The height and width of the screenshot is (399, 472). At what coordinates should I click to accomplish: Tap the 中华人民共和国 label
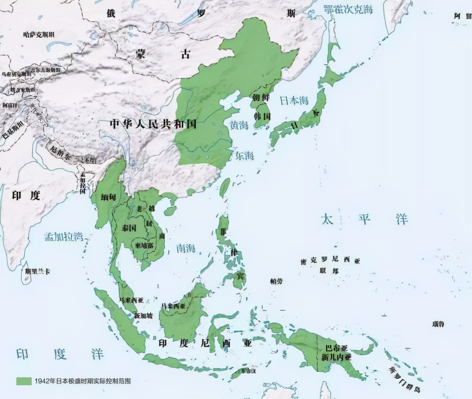pos(153,124)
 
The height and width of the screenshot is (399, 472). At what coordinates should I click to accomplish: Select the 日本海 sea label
pos(294,100)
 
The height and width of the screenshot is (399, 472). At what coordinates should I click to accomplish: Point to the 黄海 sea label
pos(239,125)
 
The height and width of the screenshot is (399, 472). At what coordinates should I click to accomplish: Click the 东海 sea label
pos(244,156)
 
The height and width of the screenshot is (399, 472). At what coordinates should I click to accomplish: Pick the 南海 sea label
pos(186,248)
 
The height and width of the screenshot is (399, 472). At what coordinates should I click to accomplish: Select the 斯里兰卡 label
pos(37,271)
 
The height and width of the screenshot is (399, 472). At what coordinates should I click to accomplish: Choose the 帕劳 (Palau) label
pos(276,281)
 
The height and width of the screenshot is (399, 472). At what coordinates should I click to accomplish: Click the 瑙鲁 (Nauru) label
pos(438,324)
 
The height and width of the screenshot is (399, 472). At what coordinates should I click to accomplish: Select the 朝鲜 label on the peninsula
pos(261,98)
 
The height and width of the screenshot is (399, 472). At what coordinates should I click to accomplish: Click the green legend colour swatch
pos(24,381)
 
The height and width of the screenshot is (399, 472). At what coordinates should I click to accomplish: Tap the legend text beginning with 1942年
pos(82,381)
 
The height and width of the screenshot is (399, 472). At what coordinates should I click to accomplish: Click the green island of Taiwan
pos(225,187)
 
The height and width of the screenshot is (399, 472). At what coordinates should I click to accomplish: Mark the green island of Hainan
pos(170,211)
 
